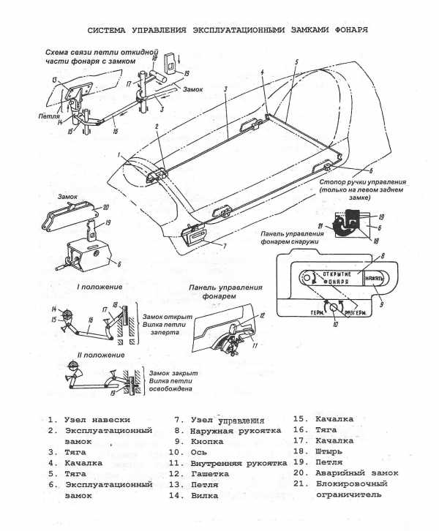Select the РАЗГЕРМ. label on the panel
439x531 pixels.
point(359,310)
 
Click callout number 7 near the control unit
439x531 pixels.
point(214,246)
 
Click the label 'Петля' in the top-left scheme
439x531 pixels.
point(49,116)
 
